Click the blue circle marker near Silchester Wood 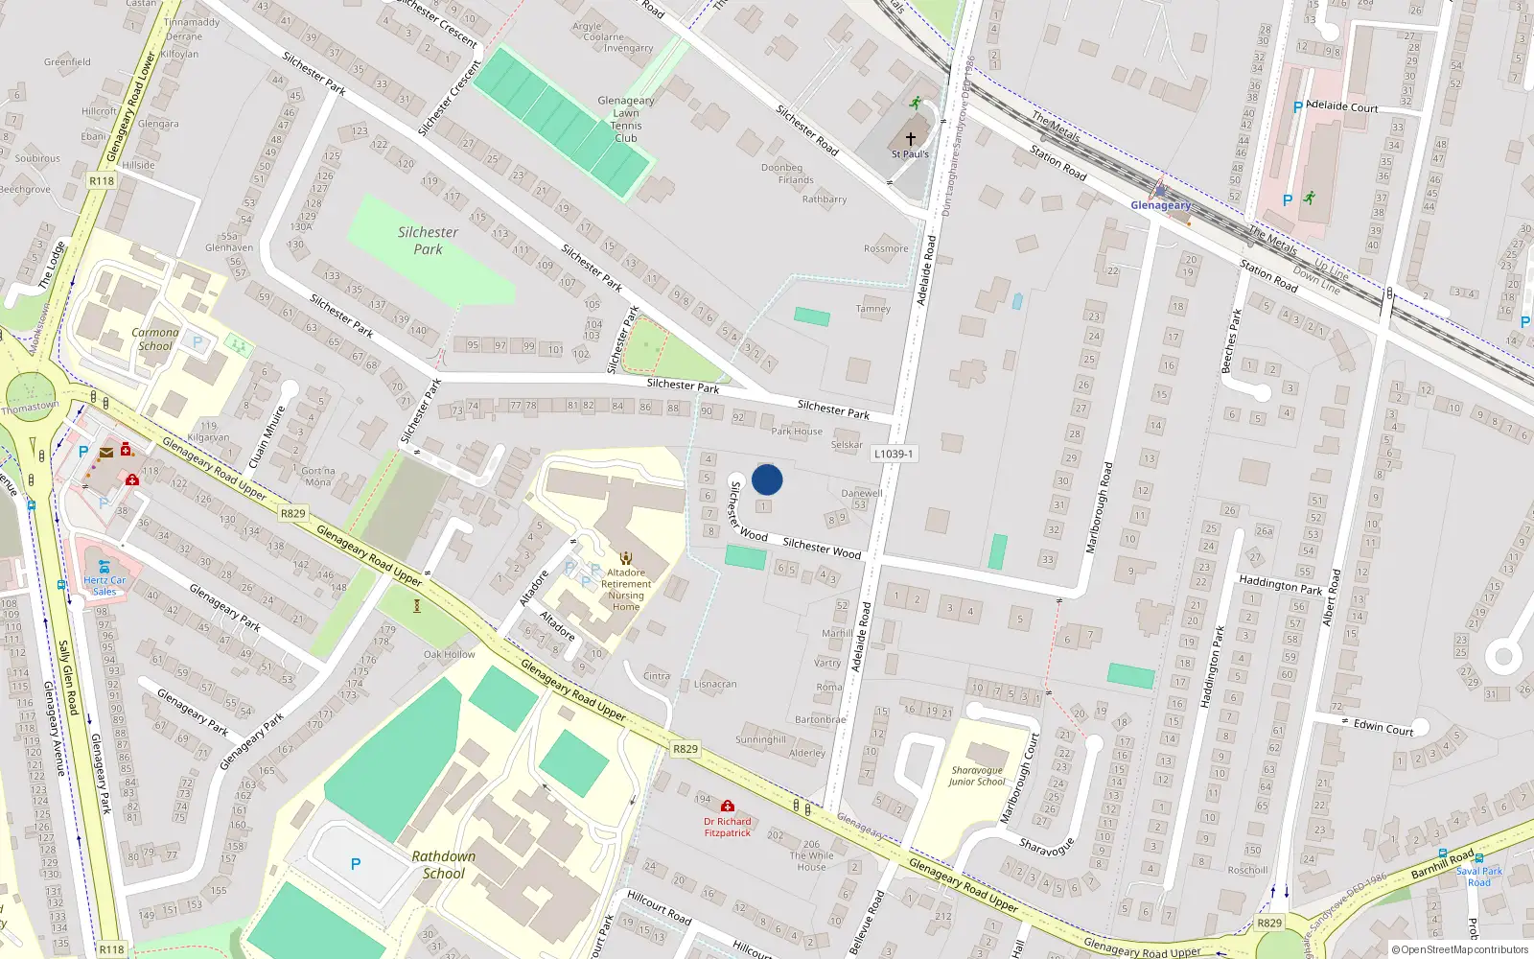(767, 479)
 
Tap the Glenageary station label (1160, 205)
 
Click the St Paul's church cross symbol (911, 138)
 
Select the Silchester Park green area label (428, 241)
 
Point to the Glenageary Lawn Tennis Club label (626, 119)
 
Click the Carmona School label (155, 339)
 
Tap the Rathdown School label (443, 865)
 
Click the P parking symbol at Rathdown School (356, 864)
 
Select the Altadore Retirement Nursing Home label (626, 590)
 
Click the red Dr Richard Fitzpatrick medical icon (728, 807)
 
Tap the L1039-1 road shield (894, 454)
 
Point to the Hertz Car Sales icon (104, 567)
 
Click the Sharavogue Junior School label (977, 776)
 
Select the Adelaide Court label (1342, 106)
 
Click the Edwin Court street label (1383, 727)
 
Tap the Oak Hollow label (449, 654)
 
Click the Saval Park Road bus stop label (1479, 877)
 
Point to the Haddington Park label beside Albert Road (1280, 584)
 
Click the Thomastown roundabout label (30, 408)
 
